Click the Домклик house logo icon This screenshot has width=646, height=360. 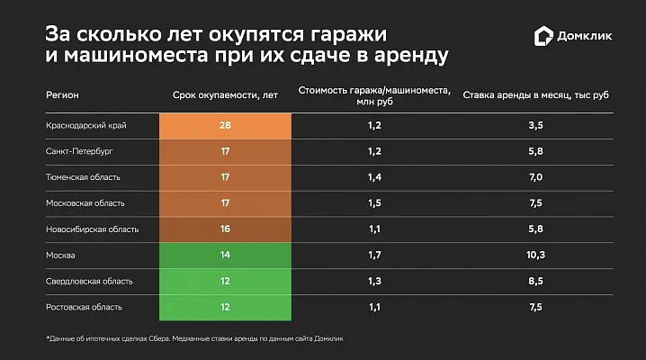click(x=543, y=35)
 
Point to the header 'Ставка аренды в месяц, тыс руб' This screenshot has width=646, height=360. click(x=536, y=94)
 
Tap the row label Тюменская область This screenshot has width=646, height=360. click(x=82, y=177)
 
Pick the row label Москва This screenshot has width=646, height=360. click(x=59, y=256)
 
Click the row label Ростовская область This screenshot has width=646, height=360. click(x=84, y=308)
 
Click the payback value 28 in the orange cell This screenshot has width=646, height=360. click(x=225, y=126)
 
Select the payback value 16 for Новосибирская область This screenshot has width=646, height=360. click(x=225, y=229)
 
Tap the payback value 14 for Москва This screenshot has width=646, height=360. click(x=225, y=256)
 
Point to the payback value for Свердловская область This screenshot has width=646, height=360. click(x=225, y=282)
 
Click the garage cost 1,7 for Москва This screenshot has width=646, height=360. click(x=374, y=256)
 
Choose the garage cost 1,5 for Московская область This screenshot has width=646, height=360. click(x=374, y=203)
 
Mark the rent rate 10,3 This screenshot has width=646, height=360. click(x=536, y=256)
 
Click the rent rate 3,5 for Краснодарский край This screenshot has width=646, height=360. click(x=536, y=126)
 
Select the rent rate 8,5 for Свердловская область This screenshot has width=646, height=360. click(x=536, y=282)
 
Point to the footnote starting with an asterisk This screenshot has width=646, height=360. click(x=194, y=338)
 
